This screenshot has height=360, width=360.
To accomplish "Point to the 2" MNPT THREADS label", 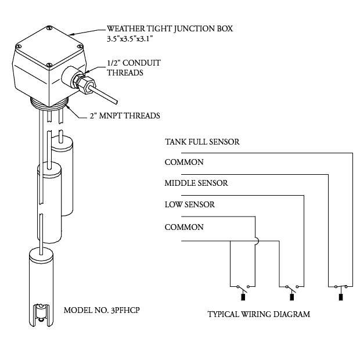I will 124,116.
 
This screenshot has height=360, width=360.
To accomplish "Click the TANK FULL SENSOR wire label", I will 201,142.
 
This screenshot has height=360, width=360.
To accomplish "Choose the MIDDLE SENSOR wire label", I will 196,183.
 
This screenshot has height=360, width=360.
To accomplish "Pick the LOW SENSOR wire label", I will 189,204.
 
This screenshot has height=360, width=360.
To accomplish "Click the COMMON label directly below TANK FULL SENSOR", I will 184,163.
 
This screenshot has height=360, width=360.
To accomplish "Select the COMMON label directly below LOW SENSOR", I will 184,227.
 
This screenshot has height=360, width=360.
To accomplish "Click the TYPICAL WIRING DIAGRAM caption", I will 258,315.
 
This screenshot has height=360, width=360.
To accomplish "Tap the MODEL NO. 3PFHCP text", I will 102,309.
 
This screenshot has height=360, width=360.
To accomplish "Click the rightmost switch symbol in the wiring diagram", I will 340,287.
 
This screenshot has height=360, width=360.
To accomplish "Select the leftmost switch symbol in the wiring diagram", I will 243,287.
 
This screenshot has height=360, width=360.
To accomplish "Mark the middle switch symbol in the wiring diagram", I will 291,287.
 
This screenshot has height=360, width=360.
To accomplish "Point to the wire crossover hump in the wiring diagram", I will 254,238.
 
